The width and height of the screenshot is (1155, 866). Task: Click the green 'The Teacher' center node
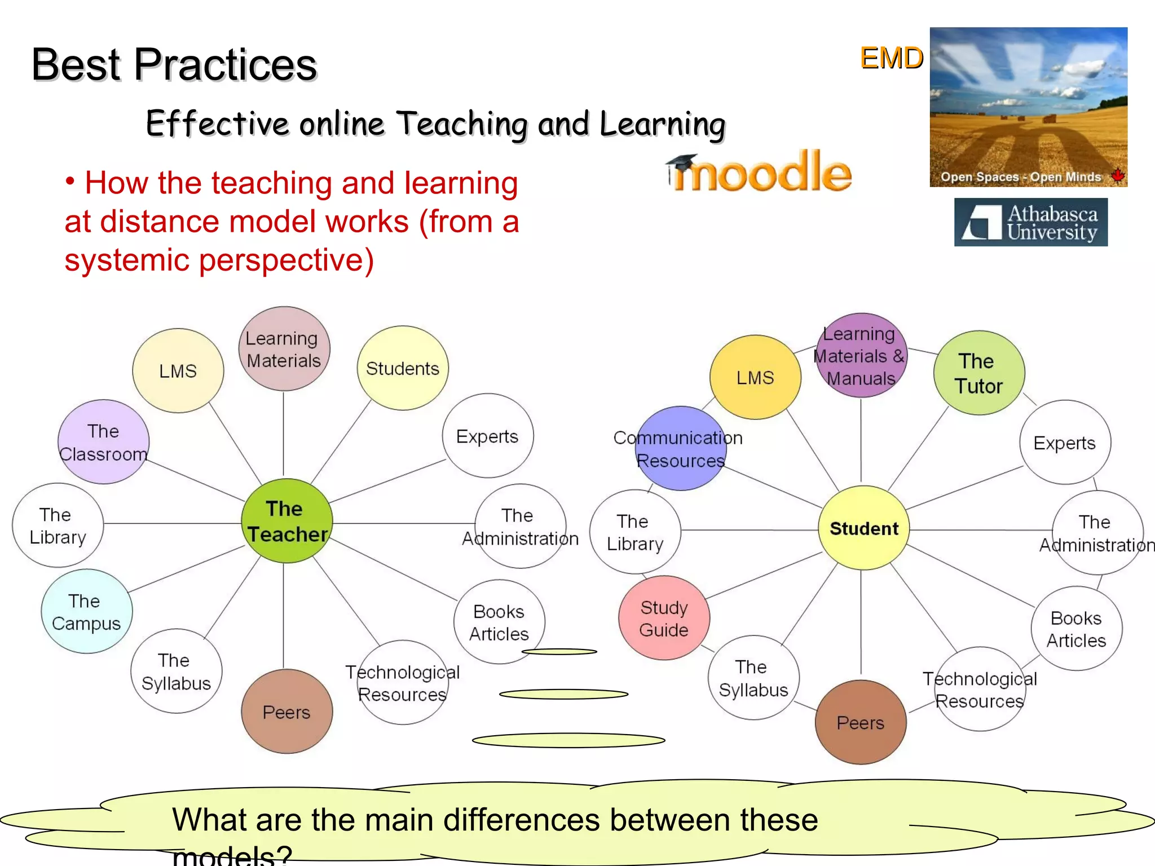pyautogui.click(x=286, y=521)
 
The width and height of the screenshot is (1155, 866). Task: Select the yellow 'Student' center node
pyautogui.click(x=863, y=528)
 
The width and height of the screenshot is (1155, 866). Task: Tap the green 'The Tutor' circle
pyautogui.click(x=978, y=373)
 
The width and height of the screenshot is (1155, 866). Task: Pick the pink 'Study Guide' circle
pyautogui.click(x=664, y=618)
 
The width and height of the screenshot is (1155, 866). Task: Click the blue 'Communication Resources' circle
pyautogui.click(x=681, y=449)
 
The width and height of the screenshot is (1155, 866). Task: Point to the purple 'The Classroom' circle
pyautogui.click(x=103, y=442)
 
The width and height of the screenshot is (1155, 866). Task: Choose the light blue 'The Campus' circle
pyautogui.click(x=86, y=612)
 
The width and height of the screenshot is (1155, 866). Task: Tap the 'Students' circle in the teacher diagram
pyautogui.click(x=403, y=368)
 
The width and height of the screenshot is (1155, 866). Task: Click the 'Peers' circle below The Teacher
pyautogui.click(x=286, y=712)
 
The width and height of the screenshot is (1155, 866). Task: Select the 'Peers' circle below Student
pyautogui.click(x=861, y=722)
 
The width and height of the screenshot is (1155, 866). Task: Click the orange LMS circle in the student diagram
pyautogui.click(x=755, y=377)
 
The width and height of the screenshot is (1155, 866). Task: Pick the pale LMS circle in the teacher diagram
pyautogui.click(x=178, y=371)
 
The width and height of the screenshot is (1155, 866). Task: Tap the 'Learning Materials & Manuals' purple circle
pyautogui.click(x=861, y=356)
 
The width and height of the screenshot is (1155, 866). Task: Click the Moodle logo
pyautogui.click(x=759, y=173)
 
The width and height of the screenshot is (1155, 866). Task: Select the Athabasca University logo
pyautogui.click(x=1030, y=222)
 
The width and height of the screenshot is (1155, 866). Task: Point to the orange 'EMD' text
pyautogui.click(x=891, y=58)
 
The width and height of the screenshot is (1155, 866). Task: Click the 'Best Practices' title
pyautogui.click(x=174, y=65)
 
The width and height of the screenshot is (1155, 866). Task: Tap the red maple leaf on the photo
pyautogui.click(x=1117, y=175)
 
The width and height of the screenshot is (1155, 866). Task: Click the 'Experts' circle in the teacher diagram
pyautogui.click(x=487, y=436)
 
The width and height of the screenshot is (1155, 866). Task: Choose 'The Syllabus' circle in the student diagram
pyautogui.click(x=753, y=678)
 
